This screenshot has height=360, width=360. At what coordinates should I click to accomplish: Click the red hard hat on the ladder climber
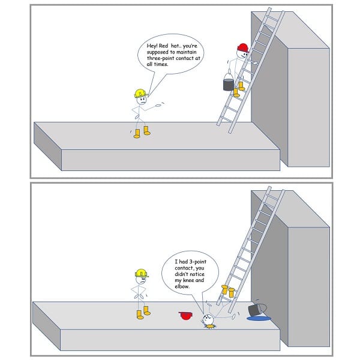pos(243,48)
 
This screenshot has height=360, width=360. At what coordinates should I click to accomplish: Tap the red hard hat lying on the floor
pos(186,316)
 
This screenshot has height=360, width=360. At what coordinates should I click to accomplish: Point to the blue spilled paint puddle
pos(259,319)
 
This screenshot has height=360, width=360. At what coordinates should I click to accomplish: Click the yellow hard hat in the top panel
pos(140,94)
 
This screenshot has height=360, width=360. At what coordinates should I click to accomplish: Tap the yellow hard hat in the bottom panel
pos(142,273)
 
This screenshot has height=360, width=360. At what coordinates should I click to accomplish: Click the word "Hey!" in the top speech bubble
pos(152,46)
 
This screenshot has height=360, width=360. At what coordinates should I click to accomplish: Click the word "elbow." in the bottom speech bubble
pos(182,287)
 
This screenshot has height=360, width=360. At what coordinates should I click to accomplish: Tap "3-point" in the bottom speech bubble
pos(197,262)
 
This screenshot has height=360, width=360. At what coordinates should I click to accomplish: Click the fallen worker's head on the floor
pos(208,320)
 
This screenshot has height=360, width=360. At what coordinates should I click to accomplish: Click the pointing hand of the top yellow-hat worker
pos(159,106)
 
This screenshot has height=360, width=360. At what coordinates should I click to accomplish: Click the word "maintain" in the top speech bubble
pos(187,52)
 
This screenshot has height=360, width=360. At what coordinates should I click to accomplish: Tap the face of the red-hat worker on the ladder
pos(242,54)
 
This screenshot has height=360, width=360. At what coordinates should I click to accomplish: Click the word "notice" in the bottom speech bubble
pos(197,274)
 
